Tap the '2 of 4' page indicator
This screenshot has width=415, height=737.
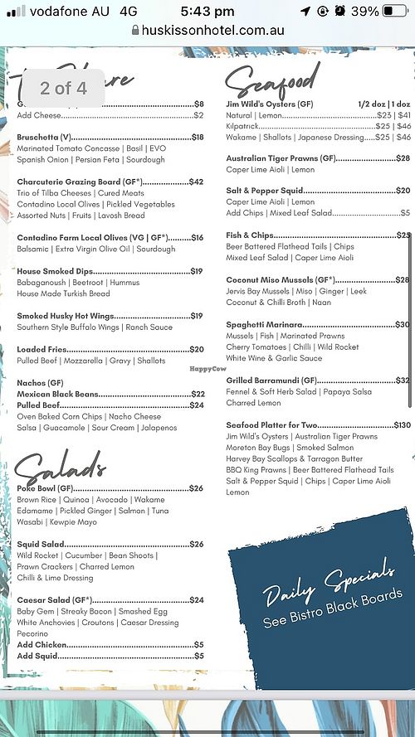coord(63,88)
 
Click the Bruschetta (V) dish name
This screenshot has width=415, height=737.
coord(45,137)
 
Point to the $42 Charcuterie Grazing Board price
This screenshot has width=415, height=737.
coord(196,182)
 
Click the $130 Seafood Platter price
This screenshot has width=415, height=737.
coord(402,424)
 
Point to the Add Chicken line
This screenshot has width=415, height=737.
coord(41,644)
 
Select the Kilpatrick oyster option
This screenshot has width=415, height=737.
coord(244,125)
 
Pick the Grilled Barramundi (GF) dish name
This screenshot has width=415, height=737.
coord(281,380)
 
